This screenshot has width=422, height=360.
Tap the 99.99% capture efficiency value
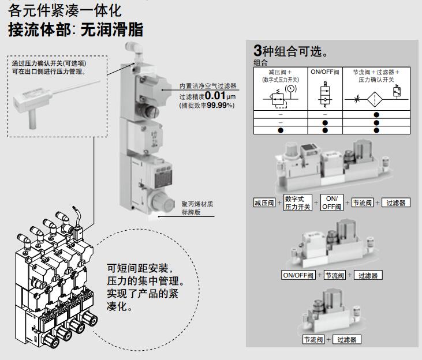pos(219,106)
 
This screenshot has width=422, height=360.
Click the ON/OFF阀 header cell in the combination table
pos(325,73)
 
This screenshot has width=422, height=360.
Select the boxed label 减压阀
pos(264,202)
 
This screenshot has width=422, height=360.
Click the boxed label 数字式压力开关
pos(297,202)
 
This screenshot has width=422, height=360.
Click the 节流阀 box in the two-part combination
pos(313,339)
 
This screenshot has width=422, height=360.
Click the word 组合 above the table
pos(260,63)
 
